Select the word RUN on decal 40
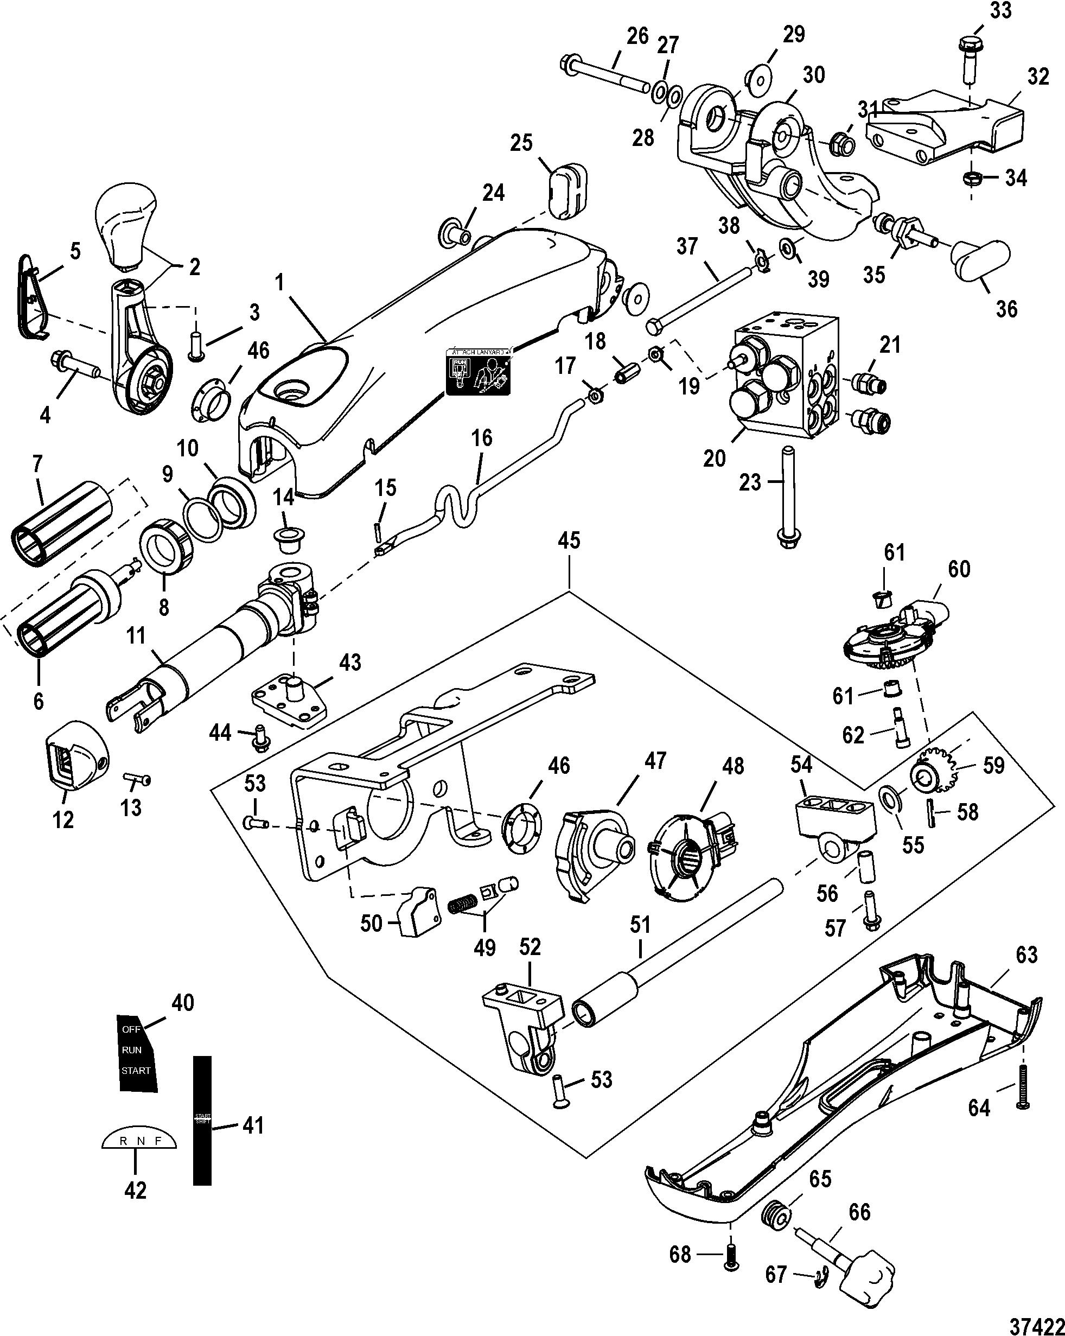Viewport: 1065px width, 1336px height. click(x=132, y=1049)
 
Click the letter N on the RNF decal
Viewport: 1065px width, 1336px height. click(x=140, y=1141)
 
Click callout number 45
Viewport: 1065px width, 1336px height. click(x=569, y=540)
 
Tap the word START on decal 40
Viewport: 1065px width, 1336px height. click(x=136, y=1070)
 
